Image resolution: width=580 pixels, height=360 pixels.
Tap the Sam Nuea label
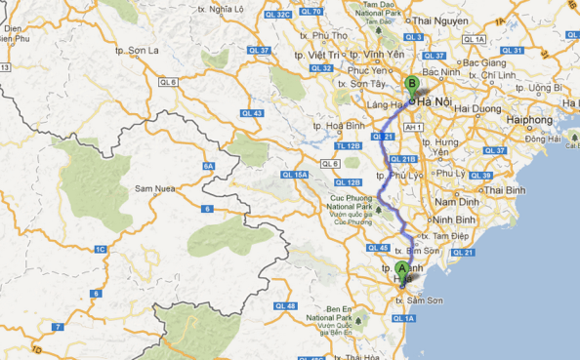coord(155,187)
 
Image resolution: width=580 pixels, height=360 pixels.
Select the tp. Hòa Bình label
coord(338,126)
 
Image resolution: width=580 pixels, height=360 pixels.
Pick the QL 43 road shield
coord(251,113)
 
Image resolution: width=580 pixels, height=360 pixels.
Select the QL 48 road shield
coord(285,306)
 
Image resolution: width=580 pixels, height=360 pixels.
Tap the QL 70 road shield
coord(311,12)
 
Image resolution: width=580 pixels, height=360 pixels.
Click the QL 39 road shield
coord(479,176)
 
